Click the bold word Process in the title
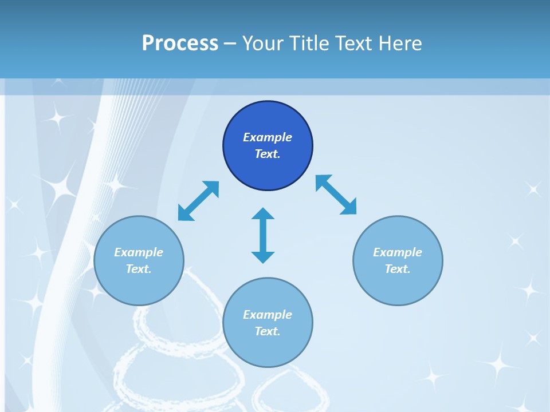[180, 43]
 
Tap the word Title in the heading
[310, 43]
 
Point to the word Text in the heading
[359, 43]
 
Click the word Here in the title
[404, 43]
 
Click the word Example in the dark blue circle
[268, 137]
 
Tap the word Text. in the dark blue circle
[268, 154]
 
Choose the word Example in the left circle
[139, 252]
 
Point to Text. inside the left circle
[139, 269]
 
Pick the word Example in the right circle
[398, 252]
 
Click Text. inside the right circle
[398, 269]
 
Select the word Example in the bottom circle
[268, 315]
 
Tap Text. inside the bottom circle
[268, 331]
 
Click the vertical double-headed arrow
[263, 235]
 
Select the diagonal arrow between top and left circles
[198, 201]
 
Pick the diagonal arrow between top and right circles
[336, 195]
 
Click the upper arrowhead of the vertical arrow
[263, 214]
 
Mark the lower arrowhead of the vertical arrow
[263, 257]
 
